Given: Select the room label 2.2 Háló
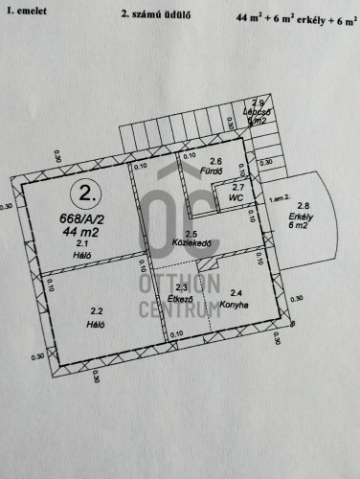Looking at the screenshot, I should pos(96,318).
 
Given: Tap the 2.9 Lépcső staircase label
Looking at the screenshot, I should pos(257,111).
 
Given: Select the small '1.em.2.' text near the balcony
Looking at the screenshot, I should pos(279,198).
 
